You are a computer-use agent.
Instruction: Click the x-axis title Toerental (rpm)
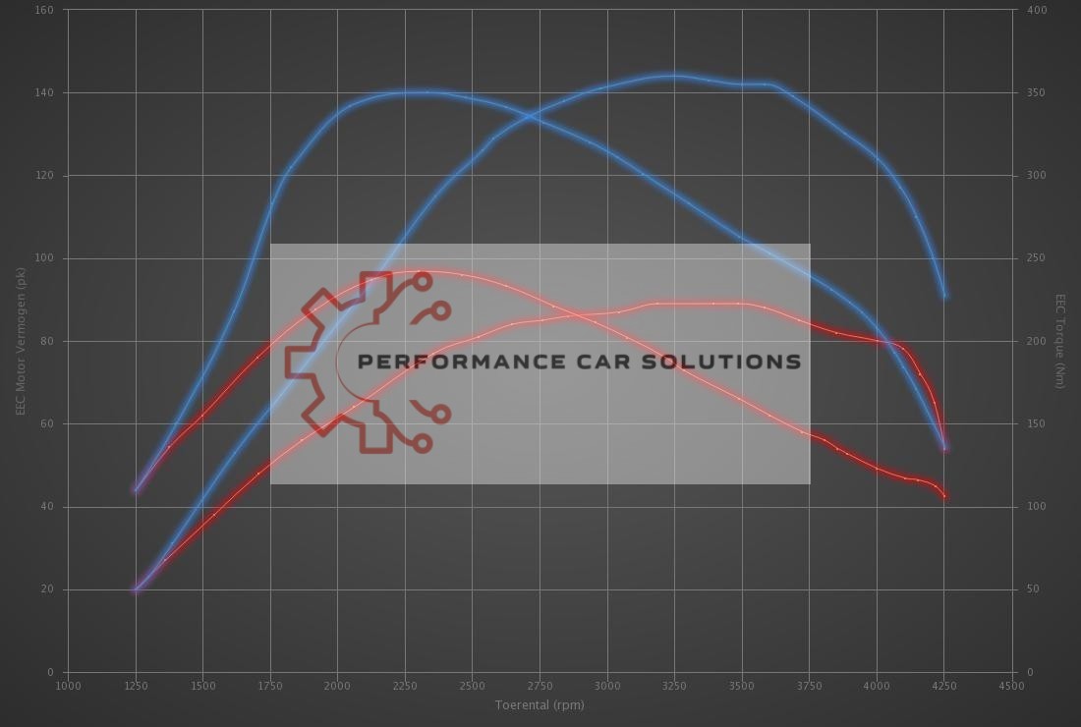click(x=540, y=704)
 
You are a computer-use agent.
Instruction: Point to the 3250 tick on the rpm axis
click(x=674, y=686)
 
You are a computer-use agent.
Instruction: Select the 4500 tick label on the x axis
click(x=1011, y=686)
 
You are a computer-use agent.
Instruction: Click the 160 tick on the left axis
click(x=45, y=10)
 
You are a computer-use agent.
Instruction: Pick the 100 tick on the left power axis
click(x=45, y=258)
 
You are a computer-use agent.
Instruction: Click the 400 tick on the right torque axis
click(x=1036, y=10)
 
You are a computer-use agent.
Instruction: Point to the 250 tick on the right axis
click(x=1036, y=258)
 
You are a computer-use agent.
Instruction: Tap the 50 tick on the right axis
click(x=1033, y=589)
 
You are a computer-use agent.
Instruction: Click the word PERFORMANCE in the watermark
click(x=461, y=362)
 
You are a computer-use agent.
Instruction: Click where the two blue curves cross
click(x=529, y=116)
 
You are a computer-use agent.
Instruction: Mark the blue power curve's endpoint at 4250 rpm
click(x=945, y=296)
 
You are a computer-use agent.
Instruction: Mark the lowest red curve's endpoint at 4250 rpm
click(x=945, y=497)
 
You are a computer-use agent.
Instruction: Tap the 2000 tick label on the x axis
click(x=337, y=686)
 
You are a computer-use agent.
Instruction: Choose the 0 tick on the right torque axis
click(x=1030, y=672)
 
